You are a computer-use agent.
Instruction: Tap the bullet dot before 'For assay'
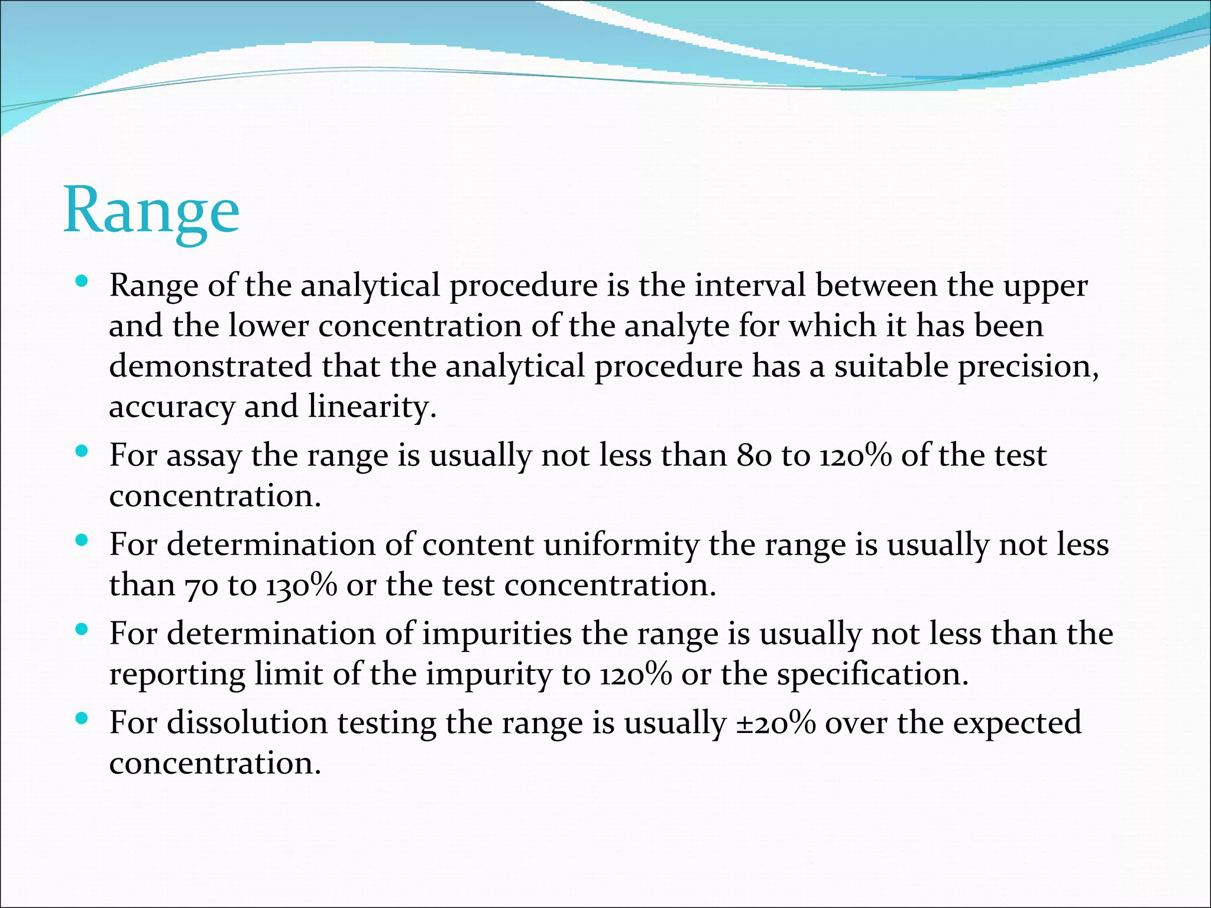click(82, 452)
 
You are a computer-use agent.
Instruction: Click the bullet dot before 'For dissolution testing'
click(82, 719)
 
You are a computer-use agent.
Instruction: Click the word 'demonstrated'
click(211, 366)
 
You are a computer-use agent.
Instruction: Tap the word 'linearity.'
click(372, 407)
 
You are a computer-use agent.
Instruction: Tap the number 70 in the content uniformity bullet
click(202, 586)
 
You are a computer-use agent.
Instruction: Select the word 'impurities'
click(497, 634)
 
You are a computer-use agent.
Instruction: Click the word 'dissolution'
click(247, 722)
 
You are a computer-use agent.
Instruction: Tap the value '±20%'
click(776, 722)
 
